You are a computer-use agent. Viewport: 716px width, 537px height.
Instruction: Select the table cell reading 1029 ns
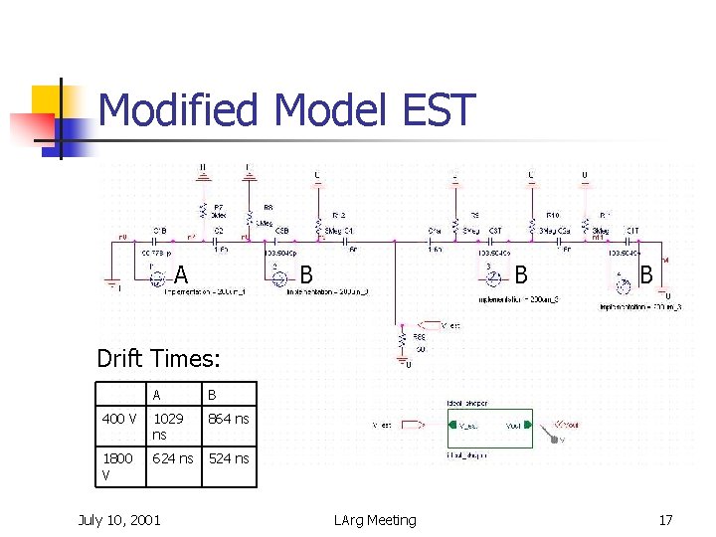click(173, 427)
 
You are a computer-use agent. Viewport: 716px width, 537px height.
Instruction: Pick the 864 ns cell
click(228, 419)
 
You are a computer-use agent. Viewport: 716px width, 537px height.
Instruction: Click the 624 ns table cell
click(173, 458)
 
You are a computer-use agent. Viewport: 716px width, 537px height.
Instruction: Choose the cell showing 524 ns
click(228, 458)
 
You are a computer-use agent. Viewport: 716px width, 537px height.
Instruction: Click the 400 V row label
click(119, 419)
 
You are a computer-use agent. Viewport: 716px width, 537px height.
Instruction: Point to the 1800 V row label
click(119, 466)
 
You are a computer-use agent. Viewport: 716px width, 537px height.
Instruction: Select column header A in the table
click(158, 395)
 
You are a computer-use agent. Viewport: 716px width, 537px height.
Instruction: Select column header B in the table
click(211, 395)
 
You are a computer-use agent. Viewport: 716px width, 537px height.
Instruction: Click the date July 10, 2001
click(119, 520)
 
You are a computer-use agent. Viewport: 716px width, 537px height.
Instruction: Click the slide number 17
click(665, 520)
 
